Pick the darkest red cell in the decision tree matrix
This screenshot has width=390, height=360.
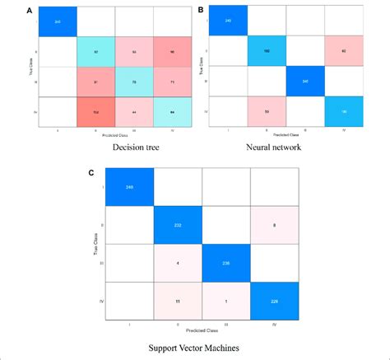click(95, 111)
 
